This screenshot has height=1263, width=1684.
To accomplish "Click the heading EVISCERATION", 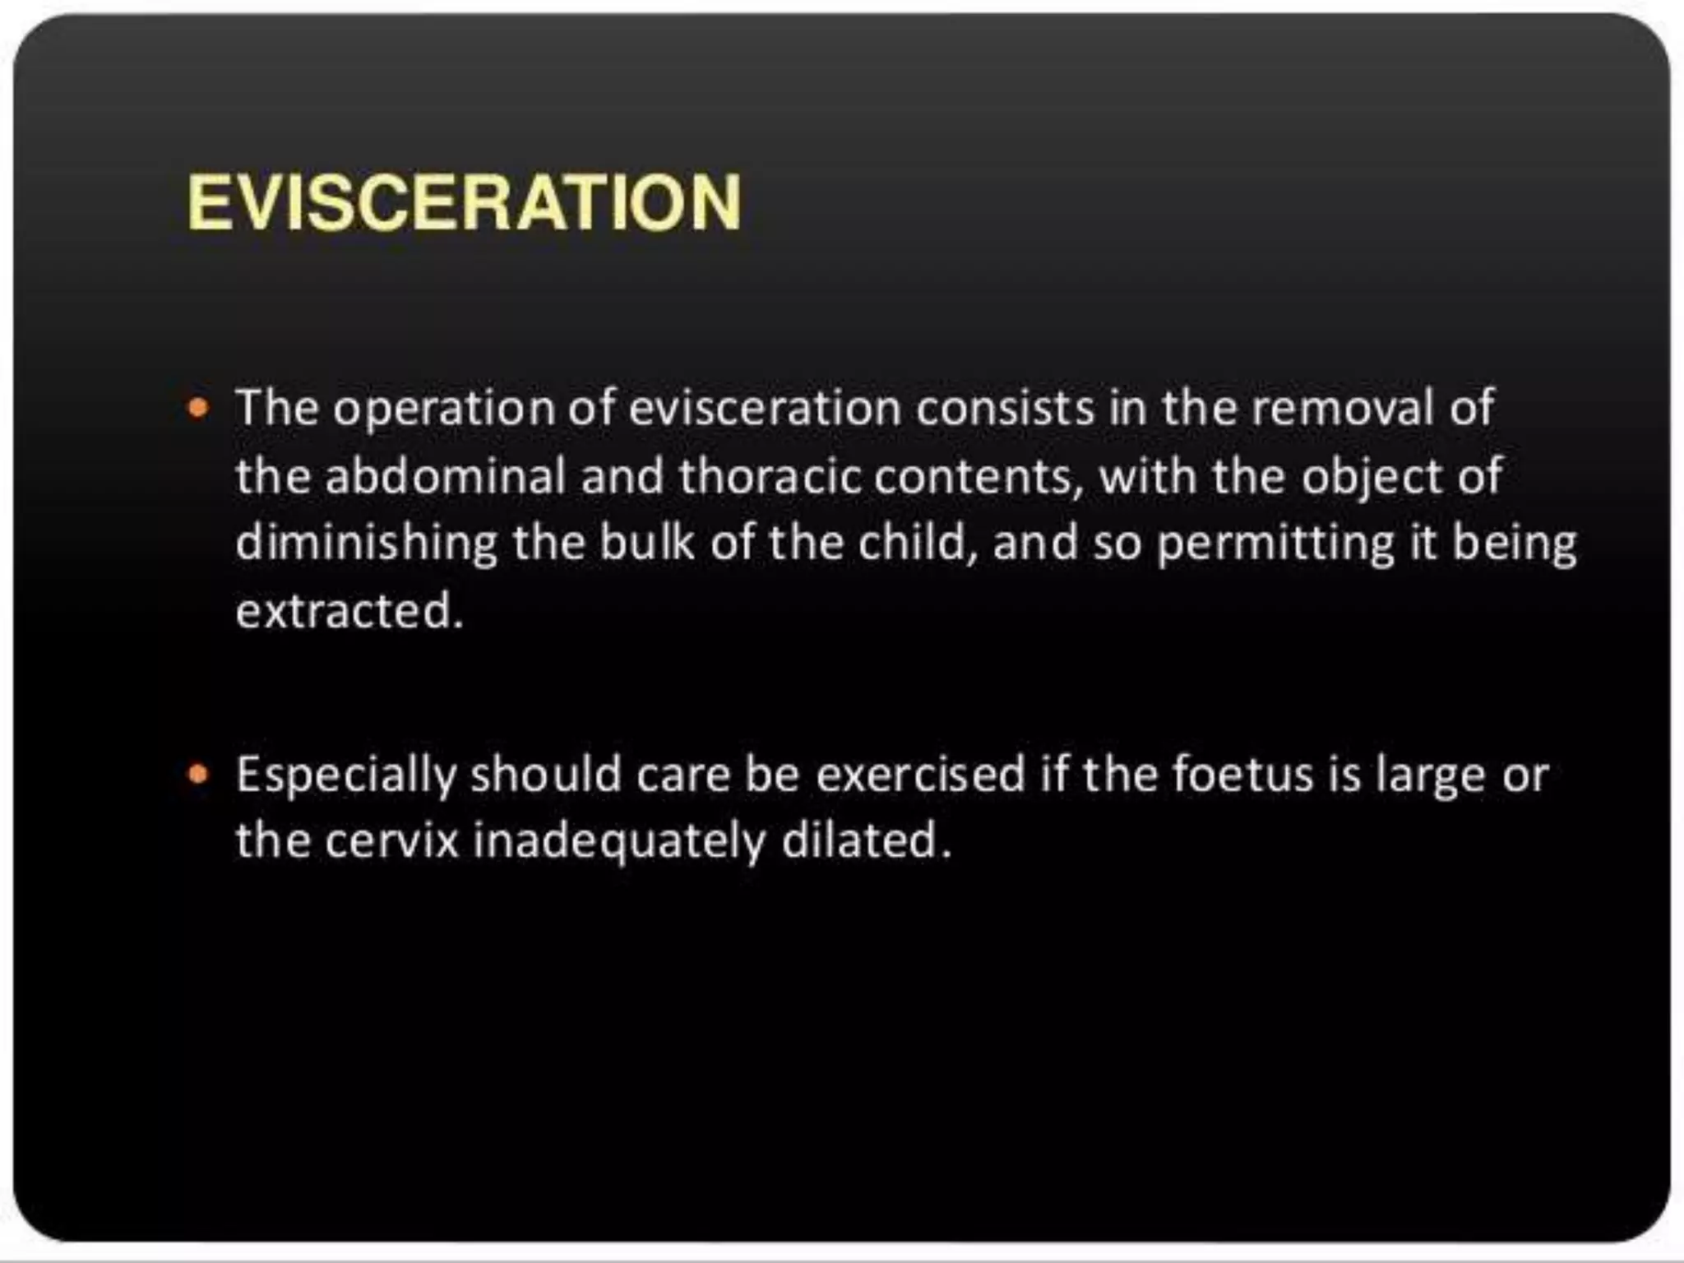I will [465, 202].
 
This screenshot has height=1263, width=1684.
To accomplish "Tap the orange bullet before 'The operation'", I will [198, 407].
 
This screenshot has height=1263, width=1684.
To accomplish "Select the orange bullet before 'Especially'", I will [198, 774].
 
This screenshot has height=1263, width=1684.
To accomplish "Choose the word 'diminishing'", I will [367, 544].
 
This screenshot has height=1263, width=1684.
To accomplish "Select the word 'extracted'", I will [349, 610].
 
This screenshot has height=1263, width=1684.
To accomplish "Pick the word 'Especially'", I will [345, 775].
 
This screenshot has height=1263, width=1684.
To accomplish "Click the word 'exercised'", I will [920, 774].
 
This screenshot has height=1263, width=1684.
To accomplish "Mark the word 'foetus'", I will [1242, 774].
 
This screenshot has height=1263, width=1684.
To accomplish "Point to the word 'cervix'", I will [391, 840].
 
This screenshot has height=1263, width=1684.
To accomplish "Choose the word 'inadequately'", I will [618, 842].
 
